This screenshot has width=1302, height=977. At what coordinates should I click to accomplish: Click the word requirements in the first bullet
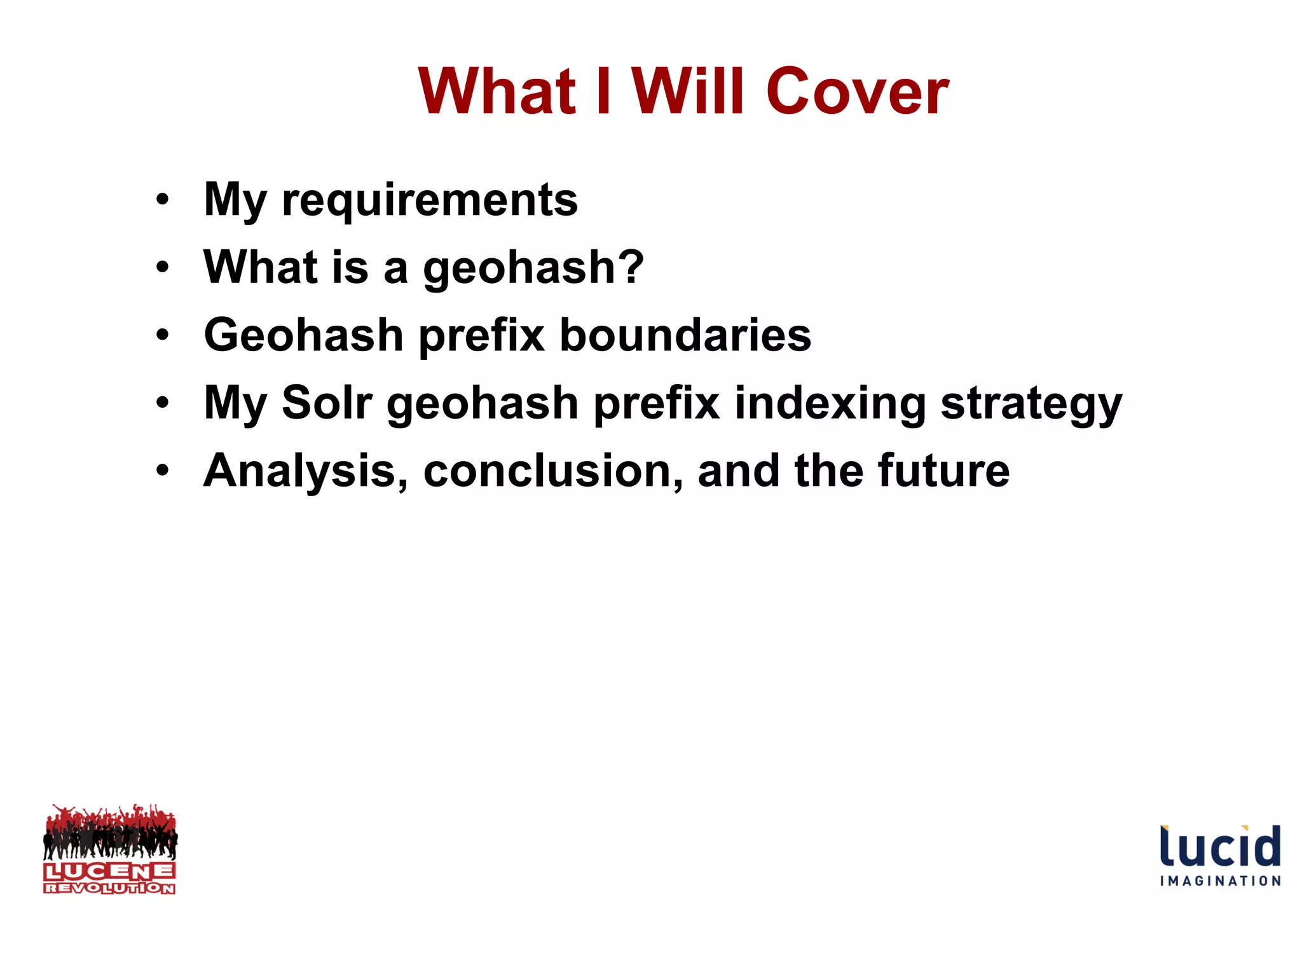tap(430, 200)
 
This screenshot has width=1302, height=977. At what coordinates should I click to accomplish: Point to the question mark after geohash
tap(632, 267)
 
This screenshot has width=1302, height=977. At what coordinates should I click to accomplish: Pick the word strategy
tap(1031, 405)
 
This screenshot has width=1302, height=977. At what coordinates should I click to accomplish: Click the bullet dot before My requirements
tap(163, 200)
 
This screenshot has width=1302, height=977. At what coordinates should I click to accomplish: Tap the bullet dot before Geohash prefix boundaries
tap(163, 335)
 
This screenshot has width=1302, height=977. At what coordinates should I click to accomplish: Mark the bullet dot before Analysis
tap(163, 470)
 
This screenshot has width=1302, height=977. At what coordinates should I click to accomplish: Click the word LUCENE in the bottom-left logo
tap(109, 871)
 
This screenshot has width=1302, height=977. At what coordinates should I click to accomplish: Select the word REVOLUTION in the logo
tap(109, 888)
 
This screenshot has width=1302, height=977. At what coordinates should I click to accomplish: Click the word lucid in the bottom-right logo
tap(1220, 847)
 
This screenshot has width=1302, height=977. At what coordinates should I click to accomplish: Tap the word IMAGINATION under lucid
tap(1220, 881)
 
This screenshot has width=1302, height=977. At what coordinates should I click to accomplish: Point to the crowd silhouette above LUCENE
tap(110, 832)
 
